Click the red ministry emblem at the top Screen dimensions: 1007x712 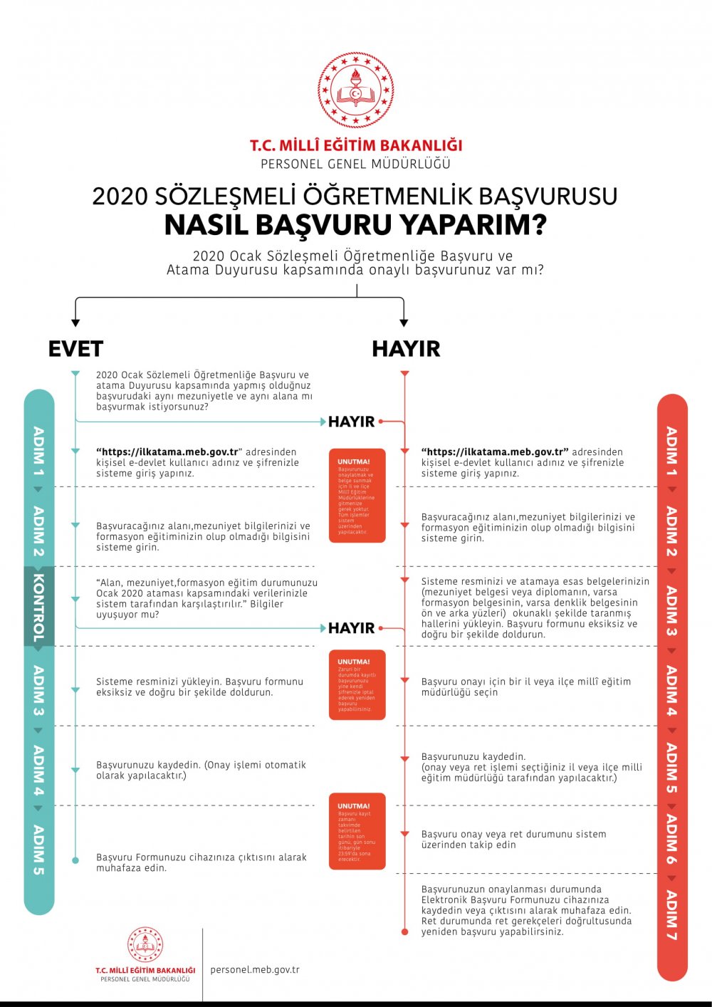pos(355,90)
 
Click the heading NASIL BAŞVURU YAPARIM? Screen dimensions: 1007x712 pos(355,225)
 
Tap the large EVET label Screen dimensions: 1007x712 pos(75,349)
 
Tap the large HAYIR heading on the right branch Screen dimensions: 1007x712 pos(406,349)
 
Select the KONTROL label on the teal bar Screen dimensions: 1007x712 pos(38,607)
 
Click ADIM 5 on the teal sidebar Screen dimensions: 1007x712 pos(38,849)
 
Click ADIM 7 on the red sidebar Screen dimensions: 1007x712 pos(671,915)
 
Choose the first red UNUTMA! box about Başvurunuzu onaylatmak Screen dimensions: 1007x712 pos(357,496)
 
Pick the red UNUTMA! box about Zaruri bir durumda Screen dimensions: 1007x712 pos(357,684)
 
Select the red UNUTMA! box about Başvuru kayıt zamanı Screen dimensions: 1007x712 pos(357,831)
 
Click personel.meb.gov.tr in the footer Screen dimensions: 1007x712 pos(255,969)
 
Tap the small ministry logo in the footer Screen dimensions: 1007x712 pos(145,946)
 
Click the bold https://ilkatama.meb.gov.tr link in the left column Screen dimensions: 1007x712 pos(170,452)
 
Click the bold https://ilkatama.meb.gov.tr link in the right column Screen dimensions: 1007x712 pos(495,452)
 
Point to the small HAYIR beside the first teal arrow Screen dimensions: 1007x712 pos(351,422)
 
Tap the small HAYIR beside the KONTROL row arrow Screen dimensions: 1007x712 pos(351,628)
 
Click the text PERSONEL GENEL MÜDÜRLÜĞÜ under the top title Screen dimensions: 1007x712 pos(355,164)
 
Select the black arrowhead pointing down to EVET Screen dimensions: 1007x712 pos(75,323)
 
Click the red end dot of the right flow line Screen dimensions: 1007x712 pos(405,932)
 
